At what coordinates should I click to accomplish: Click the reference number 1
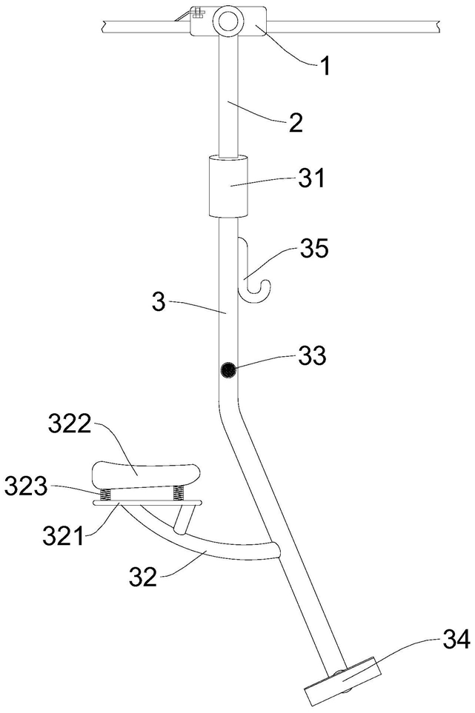pos(325,66)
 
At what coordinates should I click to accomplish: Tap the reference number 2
pos(296,122)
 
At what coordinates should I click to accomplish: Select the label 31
pos(312,178)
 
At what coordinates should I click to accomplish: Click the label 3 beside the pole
pos(159,301)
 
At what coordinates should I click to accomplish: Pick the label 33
pos(312,355)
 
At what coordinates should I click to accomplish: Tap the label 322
pos(70,426)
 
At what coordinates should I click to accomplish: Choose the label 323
pos(26,487)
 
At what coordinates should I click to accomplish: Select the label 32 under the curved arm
pos(143,576)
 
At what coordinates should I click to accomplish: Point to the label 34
pos(456,640)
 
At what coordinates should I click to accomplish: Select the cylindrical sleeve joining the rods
pos(229,187)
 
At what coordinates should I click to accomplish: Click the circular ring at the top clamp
pos(228,21)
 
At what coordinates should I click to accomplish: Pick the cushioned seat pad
pos(146,475)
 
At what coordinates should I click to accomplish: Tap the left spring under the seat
pos(106,494)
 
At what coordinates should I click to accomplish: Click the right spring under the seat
pos(178,493)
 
